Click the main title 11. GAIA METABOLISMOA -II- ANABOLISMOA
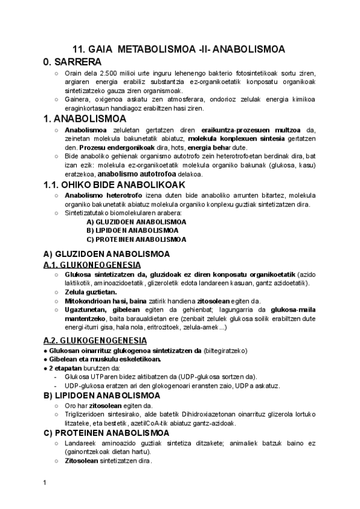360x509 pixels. coord(179,49)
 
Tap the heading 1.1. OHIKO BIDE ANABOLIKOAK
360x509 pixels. coord(113,184)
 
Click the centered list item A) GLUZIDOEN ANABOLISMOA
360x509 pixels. coord(136,221)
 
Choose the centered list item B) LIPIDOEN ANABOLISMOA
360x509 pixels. coord(133,230)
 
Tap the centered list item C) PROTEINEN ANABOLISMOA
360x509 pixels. coord(136,239)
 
